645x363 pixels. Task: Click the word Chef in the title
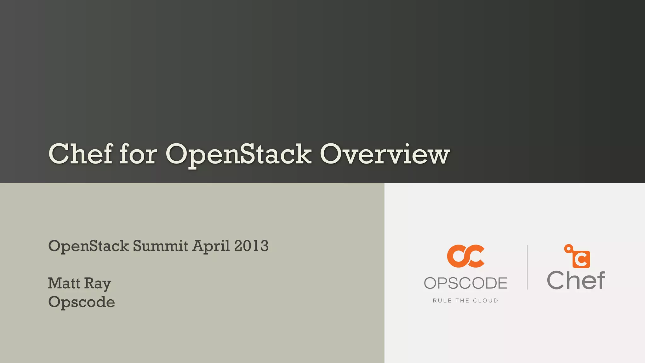pyautogui.click(x=81, y=154)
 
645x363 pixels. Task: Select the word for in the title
pyautogui.click(x=138, y=154)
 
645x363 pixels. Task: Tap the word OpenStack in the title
pyautogui.click(x=238, y=155)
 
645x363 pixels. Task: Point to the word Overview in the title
pyautogui.click(x=385, y=154)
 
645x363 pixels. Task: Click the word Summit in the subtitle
pyautogui.click(x=160, y=246)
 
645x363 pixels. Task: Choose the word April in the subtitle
pyautogui.click(x=211, y=246)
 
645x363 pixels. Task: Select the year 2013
pyautogui.click(x=251, y=246)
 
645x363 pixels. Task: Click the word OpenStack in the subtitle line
pyautogui.click(x=88, y=246)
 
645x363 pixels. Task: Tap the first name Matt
pyautogui.click(x=64, y=283)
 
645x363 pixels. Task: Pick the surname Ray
pyautogui.click(x=97, y=284)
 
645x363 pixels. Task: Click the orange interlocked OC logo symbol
pyautogui.click(x=465, y=256)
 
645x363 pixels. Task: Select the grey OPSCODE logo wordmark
pyautogui.click(x=465, y=283)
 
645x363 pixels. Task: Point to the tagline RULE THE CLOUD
pyautogui.click(x=465, y=301)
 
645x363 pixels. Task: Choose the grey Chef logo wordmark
pyautogui.click(x=576, y=280)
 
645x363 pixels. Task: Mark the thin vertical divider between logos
pyautogui.click(x=527, y=267)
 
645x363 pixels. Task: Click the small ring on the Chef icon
pyautogui.click(x=568, y=249)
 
